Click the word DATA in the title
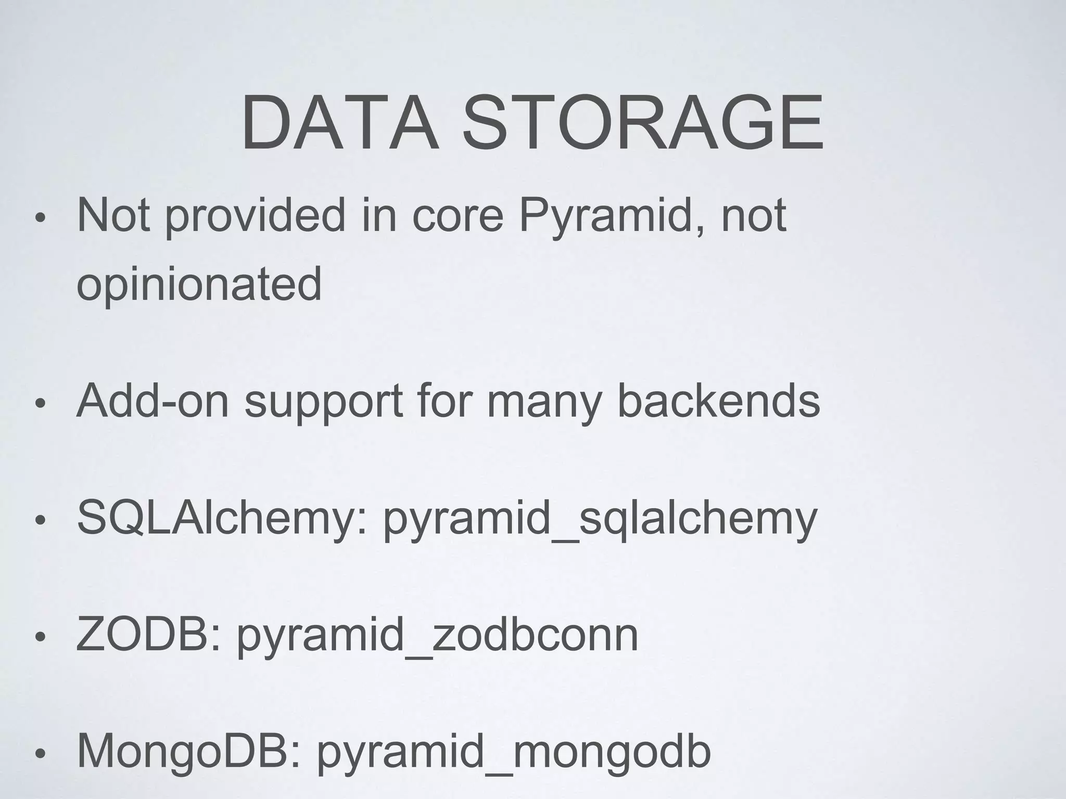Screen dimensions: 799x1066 click(339, 123)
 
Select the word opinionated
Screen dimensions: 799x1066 click(199, 285)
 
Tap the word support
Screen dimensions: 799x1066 click(323, 403)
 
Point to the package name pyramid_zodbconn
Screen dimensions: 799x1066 click(438, 637)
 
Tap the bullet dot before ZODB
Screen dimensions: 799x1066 click(41, 637)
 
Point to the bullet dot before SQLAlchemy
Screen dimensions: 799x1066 click(41, 520)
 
